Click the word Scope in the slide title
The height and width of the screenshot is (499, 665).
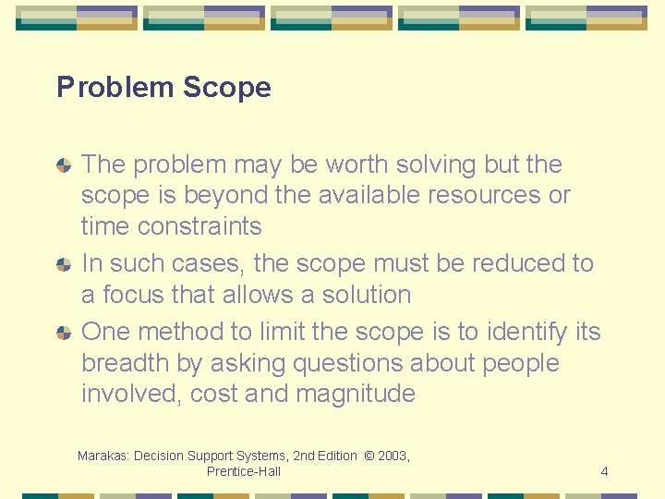point(227,88)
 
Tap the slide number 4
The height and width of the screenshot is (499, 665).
point(604,471)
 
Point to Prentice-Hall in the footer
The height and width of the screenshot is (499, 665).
point(244,471)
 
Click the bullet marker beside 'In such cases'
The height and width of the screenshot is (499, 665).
point(63,264)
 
